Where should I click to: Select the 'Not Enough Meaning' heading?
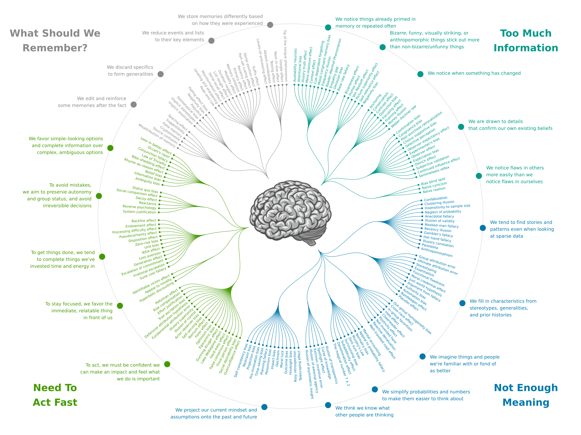click(526, 395)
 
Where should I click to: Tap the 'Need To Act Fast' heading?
click(55, 395)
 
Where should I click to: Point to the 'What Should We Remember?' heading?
click(55, 40)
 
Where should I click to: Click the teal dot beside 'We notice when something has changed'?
click(420, 74)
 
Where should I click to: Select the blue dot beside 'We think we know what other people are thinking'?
click(328, 405)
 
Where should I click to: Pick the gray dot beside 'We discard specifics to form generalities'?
click(160, 74)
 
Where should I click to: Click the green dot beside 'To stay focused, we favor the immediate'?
click(120, 305)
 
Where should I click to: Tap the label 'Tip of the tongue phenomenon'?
click(285, 56)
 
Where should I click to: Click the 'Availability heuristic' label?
click(295, 65)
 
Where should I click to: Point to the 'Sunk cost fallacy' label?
click(153, 273)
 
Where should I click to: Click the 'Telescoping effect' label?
click(300, 365)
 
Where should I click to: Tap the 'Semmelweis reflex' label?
click(434, 172)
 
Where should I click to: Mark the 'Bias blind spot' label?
click(433, 181)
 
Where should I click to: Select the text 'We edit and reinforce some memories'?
click(92, 102)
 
